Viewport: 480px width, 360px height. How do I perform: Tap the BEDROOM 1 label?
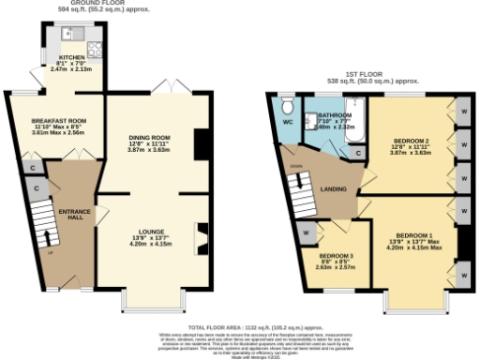(413, 234)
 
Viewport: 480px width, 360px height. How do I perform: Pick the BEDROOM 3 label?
(335, 255)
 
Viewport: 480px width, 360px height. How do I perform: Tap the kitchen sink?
(68, 34)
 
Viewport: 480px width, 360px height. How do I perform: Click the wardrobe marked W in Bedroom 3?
(307, 232)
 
